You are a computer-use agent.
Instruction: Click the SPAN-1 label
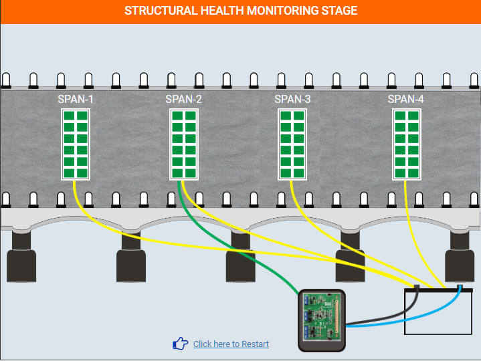tap(75, 100)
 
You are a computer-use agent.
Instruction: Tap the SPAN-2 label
tap(183, 100)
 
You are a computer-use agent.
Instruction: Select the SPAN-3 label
tap(292, 100)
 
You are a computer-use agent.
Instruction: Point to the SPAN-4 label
tap(405, 100)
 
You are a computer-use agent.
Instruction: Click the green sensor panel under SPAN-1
tap(76, 144)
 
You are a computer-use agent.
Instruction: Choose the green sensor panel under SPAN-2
tap(184, 144)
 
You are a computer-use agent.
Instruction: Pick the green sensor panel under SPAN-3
tap(292, 144)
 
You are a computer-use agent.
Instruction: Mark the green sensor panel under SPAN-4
tap(407, 144)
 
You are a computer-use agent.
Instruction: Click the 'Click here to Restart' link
tap(231, 344)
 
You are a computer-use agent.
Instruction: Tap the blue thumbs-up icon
tap(180, 344)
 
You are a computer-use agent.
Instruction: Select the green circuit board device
tap(322, 320)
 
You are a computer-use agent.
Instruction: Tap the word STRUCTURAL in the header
tap(161, 11)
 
